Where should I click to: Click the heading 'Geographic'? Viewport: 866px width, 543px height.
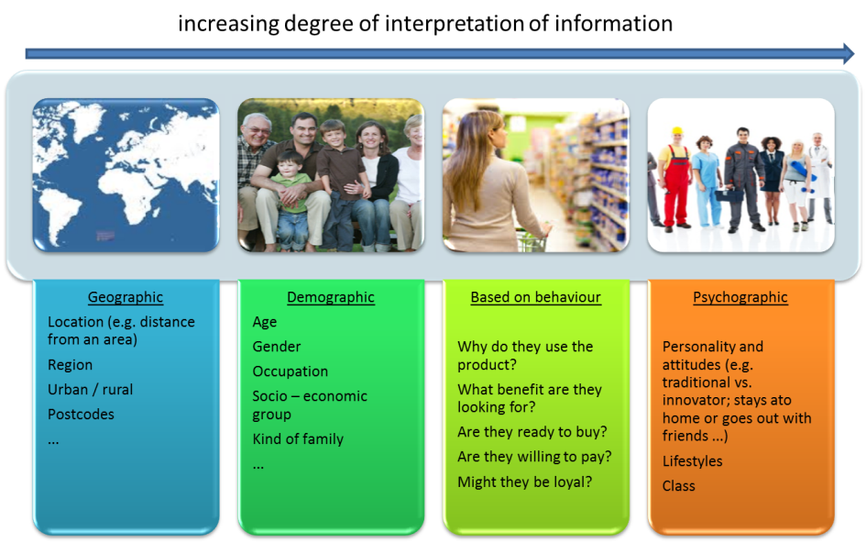126,297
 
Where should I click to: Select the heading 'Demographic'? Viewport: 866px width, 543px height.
331,297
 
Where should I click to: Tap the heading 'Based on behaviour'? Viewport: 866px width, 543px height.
536,297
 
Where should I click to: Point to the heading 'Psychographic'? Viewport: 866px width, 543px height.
740,297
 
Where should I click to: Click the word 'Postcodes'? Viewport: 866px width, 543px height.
81,415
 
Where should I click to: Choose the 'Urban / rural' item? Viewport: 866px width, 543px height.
90,389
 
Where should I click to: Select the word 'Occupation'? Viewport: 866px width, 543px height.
290,371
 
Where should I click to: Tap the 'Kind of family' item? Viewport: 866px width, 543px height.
298,439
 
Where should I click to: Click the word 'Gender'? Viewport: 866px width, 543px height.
276,347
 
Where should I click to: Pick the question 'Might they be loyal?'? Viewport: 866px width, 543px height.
525,482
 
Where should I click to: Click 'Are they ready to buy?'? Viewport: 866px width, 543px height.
532,432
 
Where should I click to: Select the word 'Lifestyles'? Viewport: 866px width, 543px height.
692,461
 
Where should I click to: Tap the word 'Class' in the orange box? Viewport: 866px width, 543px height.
679,486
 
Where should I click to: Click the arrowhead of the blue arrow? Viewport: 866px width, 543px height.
849,53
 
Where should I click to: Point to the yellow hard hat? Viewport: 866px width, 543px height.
676,131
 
